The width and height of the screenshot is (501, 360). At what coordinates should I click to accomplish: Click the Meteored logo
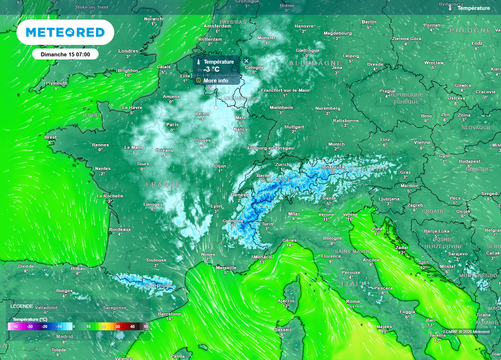click(65, 33)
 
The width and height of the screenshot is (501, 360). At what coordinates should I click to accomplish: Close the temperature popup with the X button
click(247, 61)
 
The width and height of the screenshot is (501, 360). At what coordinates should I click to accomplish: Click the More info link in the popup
click(215, 81)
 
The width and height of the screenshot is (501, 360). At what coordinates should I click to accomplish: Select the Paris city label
click(172, 125)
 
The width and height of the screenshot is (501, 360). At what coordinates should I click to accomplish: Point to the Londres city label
click(128, 51)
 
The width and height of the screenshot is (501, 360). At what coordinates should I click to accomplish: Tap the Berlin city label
click(369, 22)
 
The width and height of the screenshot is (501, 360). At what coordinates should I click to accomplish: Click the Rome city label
click(353, 301)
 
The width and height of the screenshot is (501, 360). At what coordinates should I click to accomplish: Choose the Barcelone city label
click(169, 314)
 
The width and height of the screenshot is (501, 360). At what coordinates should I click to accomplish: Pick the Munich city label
click(336, 144)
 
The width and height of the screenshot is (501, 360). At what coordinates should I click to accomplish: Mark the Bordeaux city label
click(120, 229)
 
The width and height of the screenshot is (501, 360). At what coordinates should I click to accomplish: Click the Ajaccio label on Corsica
click(286, 300)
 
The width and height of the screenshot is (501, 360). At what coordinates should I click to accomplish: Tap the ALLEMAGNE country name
click(315, 64)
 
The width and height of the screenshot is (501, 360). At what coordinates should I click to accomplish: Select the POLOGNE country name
click(470, 30)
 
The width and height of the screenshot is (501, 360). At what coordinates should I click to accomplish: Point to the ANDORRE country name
click(158, 286)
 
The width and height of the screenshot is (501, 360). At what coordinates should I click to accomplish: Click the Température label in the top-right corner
click(473, 8)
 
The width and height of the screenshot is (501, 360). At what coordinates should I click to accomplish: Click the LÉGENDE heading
click(22, 306)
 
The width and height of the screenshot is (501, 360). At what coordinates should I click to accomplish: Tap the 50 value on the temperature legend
click(146, 326)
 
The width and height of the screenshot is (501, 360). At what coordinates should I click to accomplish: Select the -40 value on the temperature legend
click(16, 326)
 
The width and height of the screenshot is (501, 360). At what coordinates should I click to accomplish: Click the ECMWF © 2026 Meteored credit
click(466, 332)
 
